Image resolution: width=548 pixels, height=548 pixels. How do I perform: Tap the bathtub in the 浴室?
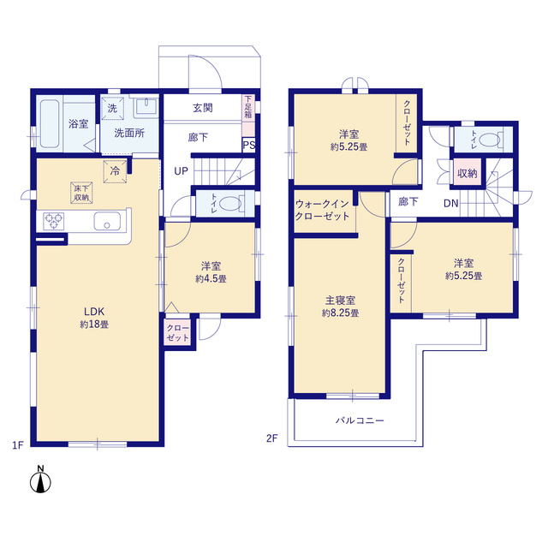(50, 124)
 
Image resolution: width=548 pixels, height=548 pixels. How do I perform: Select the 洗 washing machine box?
(112, 109)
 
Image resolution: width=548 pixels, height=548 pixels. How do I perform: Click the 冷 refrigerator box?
(115, 171)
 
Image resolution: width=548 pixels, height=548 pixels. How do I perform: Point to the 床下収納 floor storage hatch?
(81, 193)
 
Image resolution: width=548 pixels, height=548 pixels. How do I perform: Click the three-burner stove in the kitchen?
(53, 221)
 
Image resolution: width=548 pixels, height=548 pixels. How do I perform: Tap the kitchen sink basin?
(107, 221)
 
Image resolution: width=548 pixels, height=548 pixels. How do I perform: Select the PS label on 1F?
(249, 145)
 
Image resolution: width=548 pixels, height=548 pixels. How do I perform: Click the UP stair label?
(181, 171)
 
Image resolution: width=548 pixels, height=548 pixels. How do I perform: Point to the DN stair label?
(451, 204)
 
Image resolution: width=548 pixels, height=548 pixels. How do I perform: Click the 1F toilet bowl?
(230, 204)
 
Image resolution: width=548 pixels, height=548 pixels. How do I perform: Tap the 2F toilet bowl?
(490, 140)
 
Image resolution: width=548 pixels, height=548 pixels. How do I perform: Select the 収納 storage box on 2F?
(467, 173)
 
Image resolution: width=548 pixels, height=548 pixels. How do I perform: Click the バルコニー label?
(360, 420)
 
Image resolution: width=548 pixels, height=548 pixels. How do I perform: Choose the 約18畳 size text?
(94, 325)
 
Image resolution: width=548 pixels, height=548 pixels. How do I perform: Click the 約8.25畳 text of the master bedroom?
(340, 313)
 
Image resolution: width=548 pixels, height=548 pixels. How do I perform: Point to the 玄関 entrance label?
(203, 108)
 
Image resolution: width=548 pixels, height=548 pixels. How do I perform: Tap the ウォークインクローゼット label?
(322, 210)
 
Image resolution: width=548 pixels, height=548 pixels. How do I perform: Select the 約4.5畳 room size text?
(211, 278)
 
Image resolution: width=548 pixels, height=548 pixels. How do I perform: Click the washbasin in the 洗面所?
(146, 106)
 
